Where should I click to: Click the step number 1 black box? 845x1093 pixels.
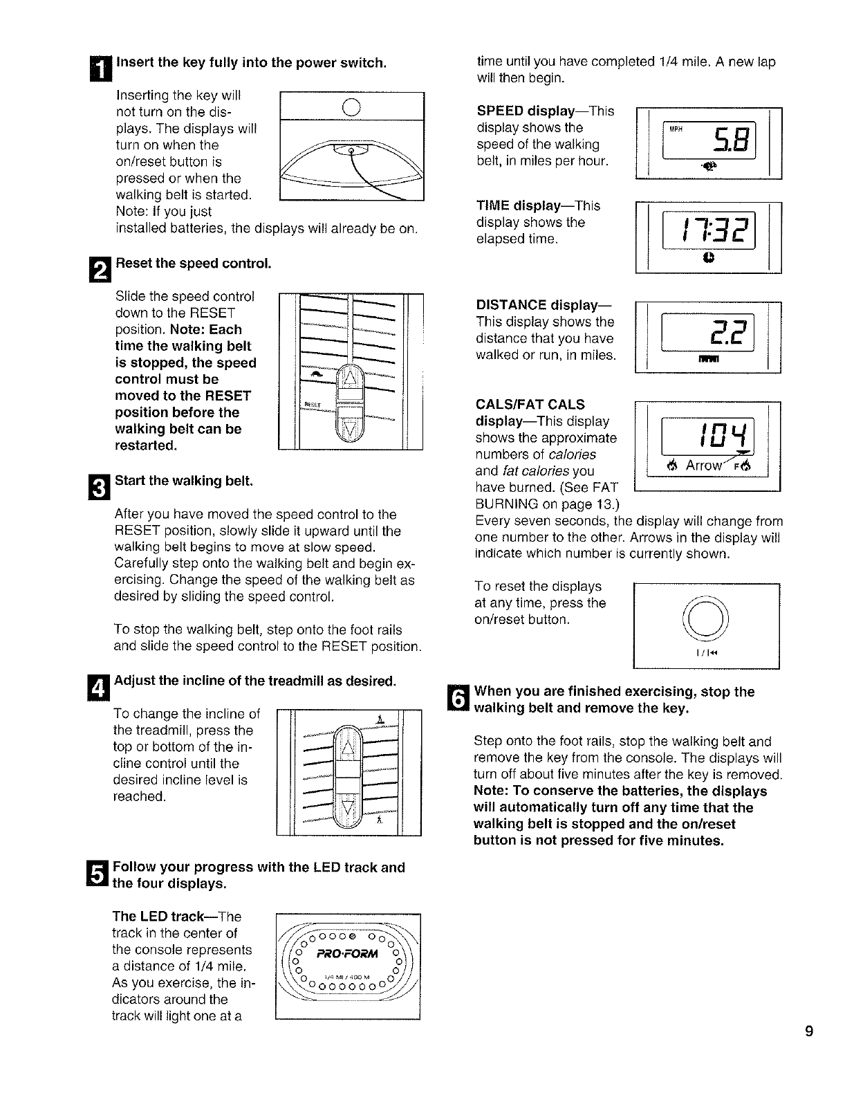(100, 69)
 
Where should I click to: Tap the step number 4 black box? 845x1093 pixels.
(98, 688)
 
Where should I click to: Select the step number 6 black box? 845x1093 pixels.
(458, 697)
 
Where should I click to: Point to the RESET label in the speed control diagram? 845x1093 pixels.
(312, 404)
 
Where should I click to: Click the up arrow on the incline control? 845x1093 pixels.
(348, 750)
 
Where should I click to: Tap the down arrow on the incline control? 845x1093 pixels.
(348, 808)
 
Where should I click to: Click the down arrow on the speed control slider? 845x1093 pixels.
(349, 428)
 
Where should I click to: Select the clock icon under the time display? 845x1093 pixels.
(708, 257)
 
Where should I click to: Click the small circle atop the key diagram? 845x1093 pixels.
(351, 107)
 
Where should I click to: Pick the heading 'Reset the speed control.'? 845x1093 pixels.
(194, 264)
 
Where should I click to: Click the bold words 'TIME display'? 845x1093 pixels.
(518, 205)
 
